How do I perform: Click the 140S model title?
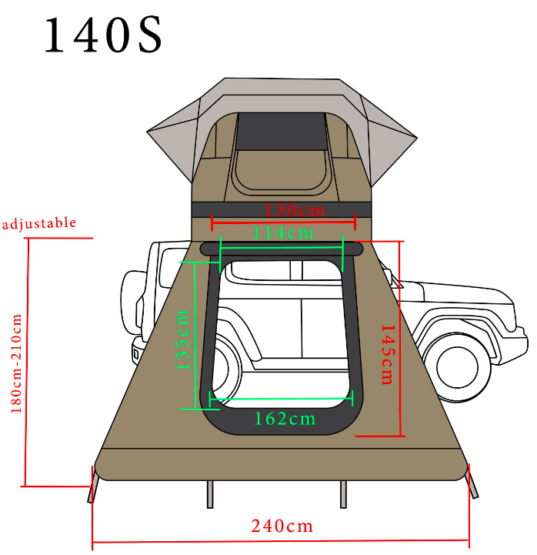[103, 35]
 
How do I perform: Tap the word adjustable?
[39, 223]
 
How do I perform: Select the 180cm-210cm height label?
[16, 363]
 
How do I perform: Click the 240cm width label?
[282, 526]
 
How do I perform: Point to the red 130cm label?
[295, 210]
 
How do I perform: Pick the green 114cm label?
[283, 233]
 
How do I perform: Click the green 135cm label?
[183, 339]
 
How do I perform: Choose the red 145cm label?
[387, 355]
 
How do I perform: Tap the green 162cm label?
[285, 419]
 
